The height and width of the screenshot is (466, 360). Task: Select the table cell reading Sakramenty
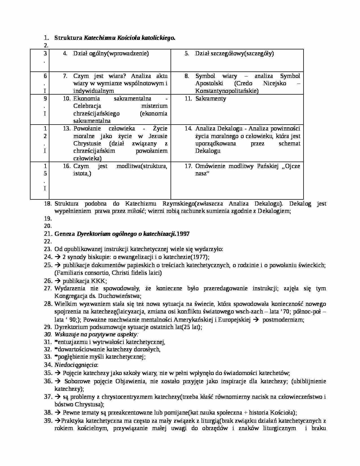(211, 99)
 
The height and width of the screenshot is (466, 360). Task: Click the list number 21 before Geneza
(48, 234)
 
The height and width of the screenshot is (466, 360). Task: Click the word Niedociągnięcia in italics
(76, 365)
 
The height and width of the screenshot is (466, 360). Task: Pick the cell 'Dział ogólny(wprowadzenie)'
(111, 53)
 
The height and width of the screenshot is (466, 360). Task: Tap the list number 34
(48, 365)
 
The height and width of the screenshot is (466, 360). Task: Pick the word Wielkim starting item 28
(64, 304)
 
